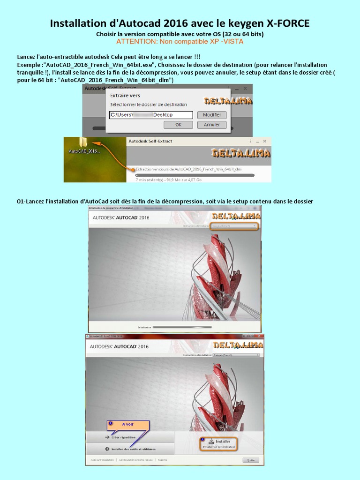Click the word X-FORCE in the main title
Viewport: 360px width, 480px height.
[x=287, y=23]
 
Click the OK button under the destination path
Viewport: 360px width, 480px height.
[x=178, y=125]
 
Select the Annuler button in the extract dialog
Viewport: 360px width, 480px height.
[x=211, y=125]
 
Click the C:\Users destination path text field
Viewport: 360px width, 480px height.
[x=150, y=115]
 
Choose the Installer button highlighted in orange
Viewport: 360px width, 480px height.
[x=219, y=443]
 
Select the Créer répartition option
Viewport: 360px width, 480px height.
[x=123, y=437]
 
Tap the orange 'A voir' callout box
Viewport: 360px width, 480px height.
[x=127, y=424]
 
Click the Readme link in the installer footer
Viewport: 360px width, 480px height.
[x=163, y=460]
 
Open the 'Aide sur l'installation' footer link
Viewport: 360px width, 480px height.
[x=102, y=460]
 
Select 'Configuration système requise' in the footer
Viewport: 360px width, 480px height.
[x=135, y=460]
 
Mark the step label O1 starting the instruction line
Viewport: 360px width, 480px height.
[x=20, y=202]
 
